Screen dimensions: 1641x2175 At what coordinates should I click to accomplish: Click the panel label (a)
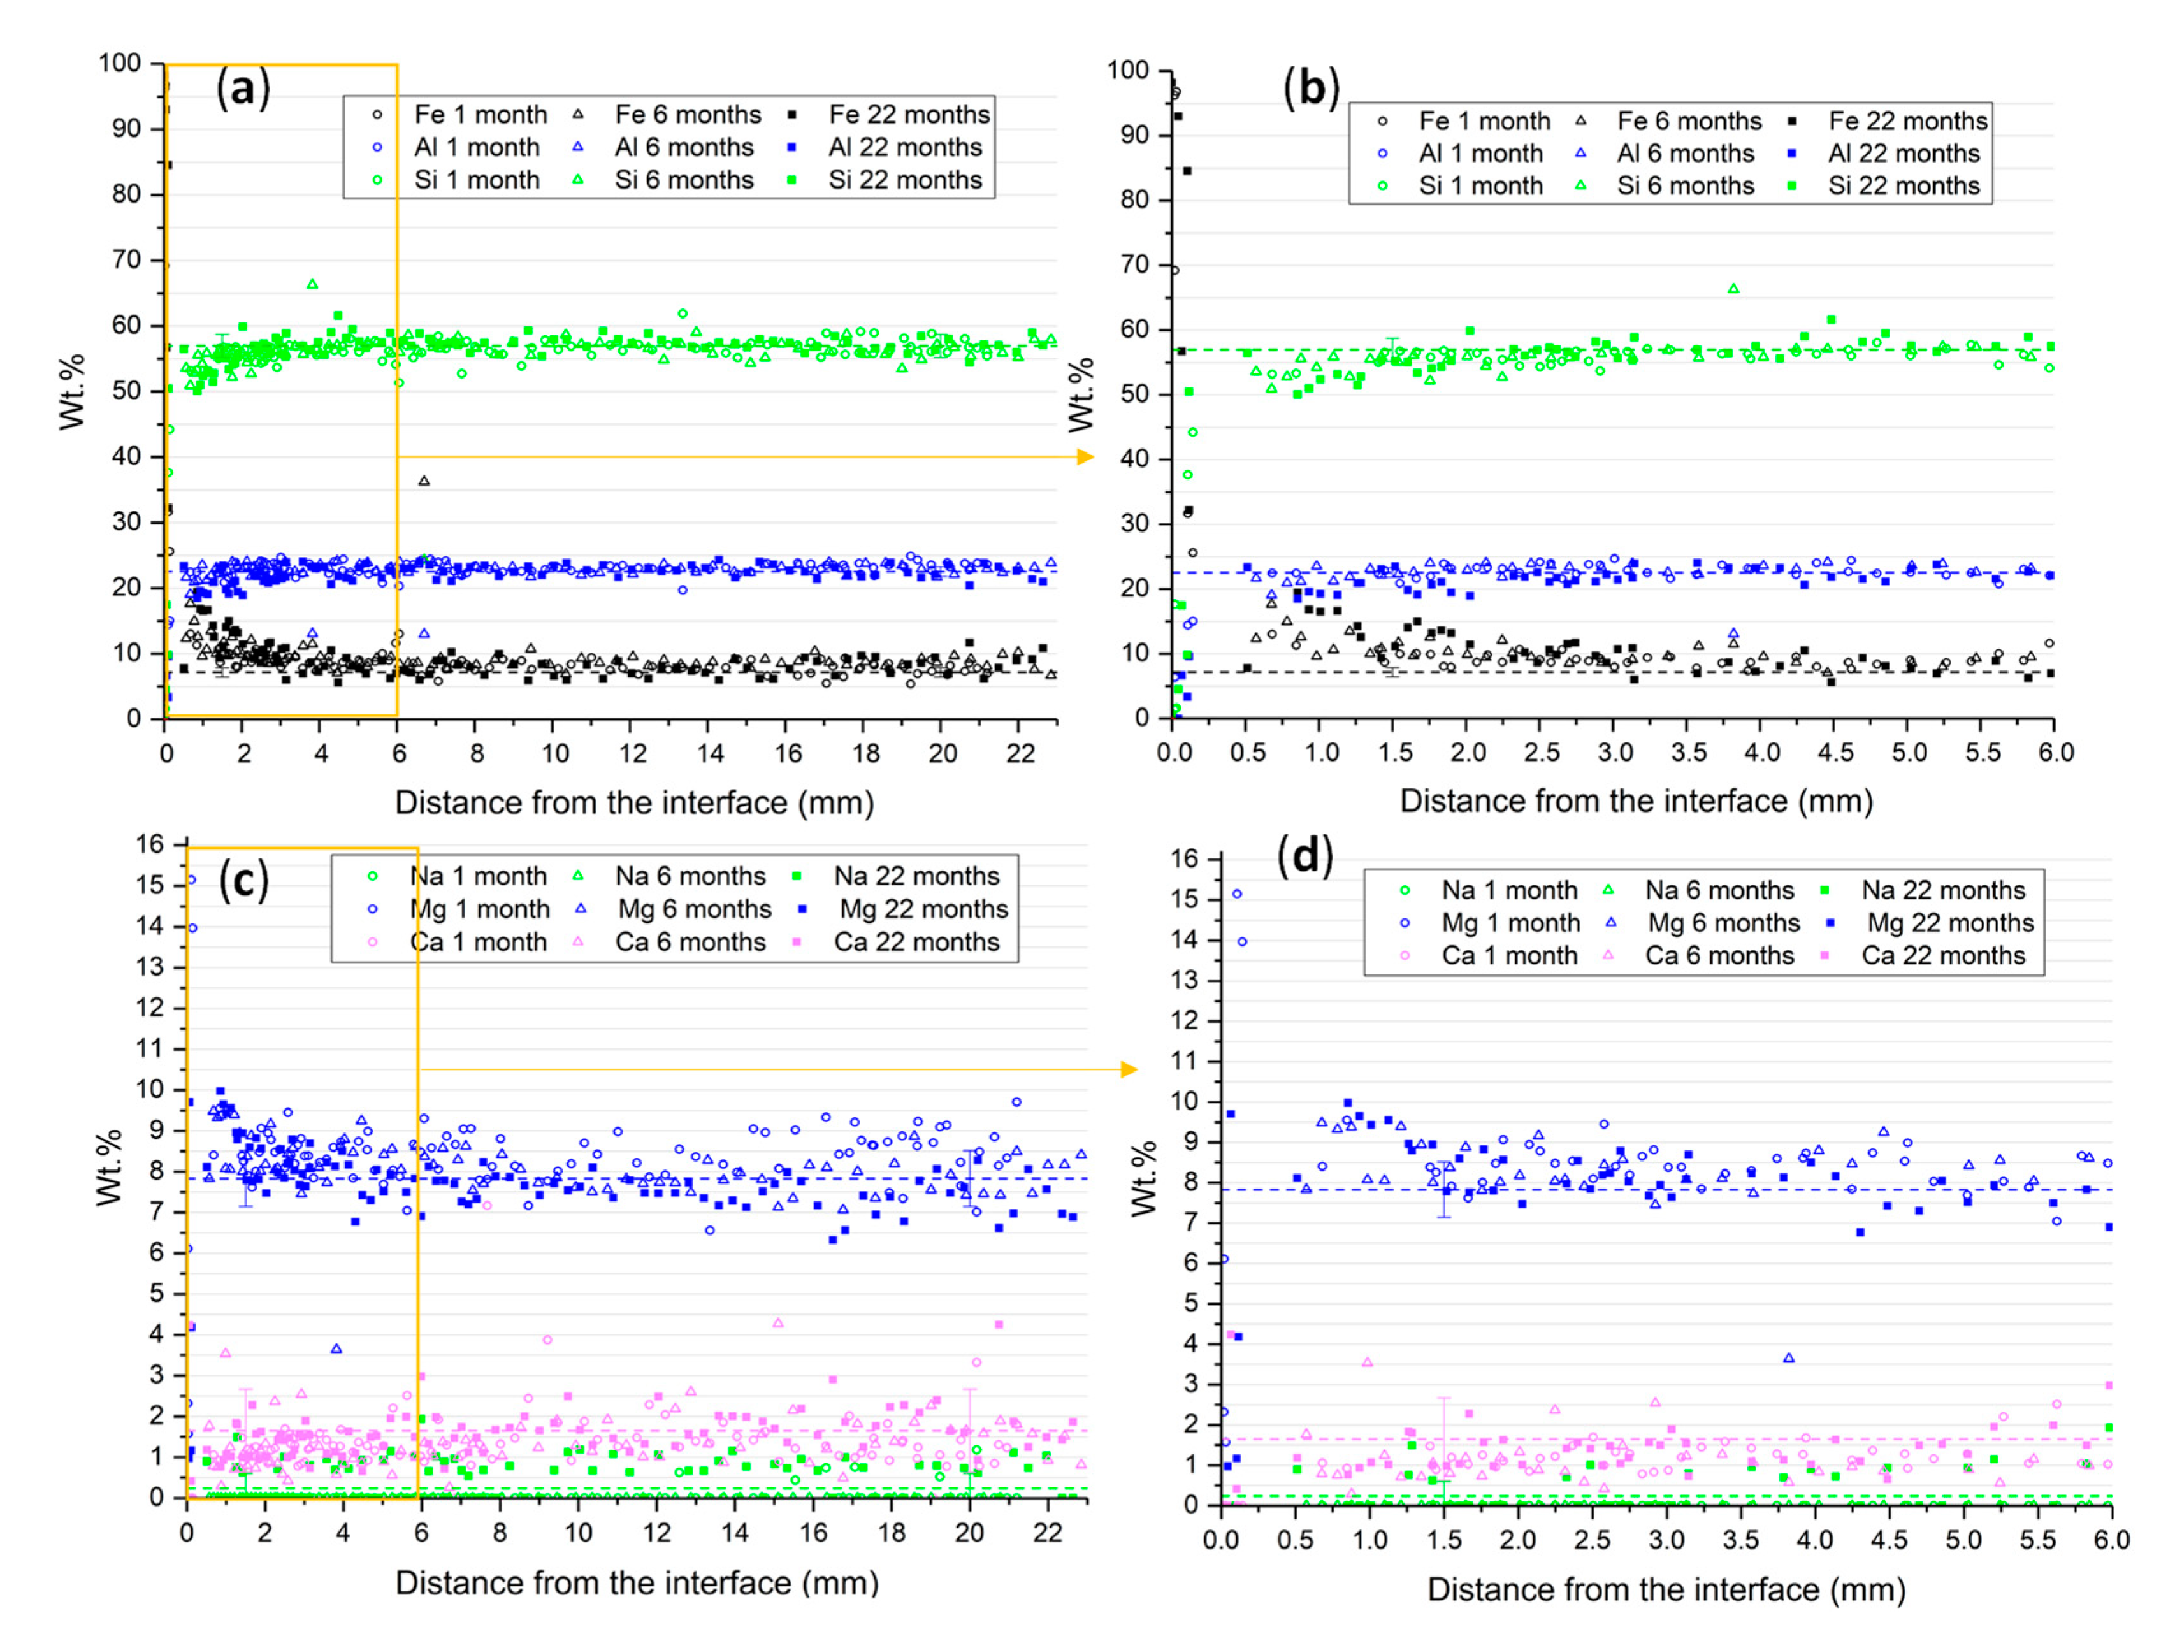pos(243,89)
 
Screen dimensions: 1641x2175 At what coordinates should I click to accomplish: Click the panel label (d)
pos(1304,855)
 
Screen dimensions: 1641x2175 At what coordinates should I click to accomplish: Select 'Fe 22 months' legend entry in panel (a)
pos(907,115)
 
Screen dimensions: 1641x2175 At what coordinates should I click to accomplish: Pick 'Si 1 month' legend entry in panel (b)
pos(1480,186)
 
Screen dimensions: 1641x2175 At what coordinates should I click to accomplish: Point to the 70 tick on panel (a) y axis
pos(126,259)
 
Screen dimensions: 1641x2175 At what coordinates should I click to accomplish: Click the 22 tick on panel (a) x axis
pos(1021,754)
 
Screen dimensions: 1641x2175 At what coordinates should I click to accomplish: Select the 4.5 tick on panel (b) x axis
pos(1835,753)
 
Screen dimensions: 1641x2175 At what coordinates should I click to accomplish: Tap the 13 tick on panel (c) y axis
pos(150,967)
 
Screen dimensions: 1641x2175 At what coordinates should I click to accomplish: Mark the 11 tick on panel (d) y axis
pos(1184,1061)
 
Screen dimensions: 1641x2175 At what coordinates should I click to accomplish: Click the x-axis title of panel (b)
pos(1636,801)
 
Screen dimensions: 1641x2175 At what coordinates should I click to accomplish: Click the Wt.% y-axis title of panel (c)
pos(108,1168)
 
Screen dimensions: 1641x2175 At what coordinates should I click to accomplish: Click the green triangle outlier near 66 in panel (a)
pos(313,284)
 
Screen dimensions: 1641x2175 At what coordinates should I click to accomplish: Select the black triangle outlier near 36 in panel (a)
pos(424,481)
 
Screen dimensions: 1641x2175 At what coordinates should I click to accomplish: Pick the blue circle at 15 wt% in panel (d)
pos(1237,893)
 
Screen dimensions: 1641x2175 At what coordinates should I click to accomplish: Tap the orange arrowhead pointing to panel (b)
pos(1085,457)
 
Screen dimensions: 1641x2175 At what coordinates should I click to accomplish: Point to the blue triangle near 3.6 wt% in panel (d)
pos(1789,1358)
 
